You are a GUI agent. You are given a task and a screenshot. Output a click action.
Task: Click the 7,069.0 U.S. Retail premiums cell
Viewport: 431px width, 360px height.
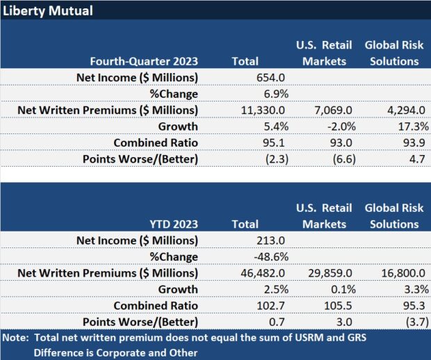(323, 111)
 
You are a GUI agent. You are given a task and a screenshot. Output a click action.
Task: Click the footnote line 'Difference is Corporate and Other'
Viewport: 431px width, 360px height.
(115, 352)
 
